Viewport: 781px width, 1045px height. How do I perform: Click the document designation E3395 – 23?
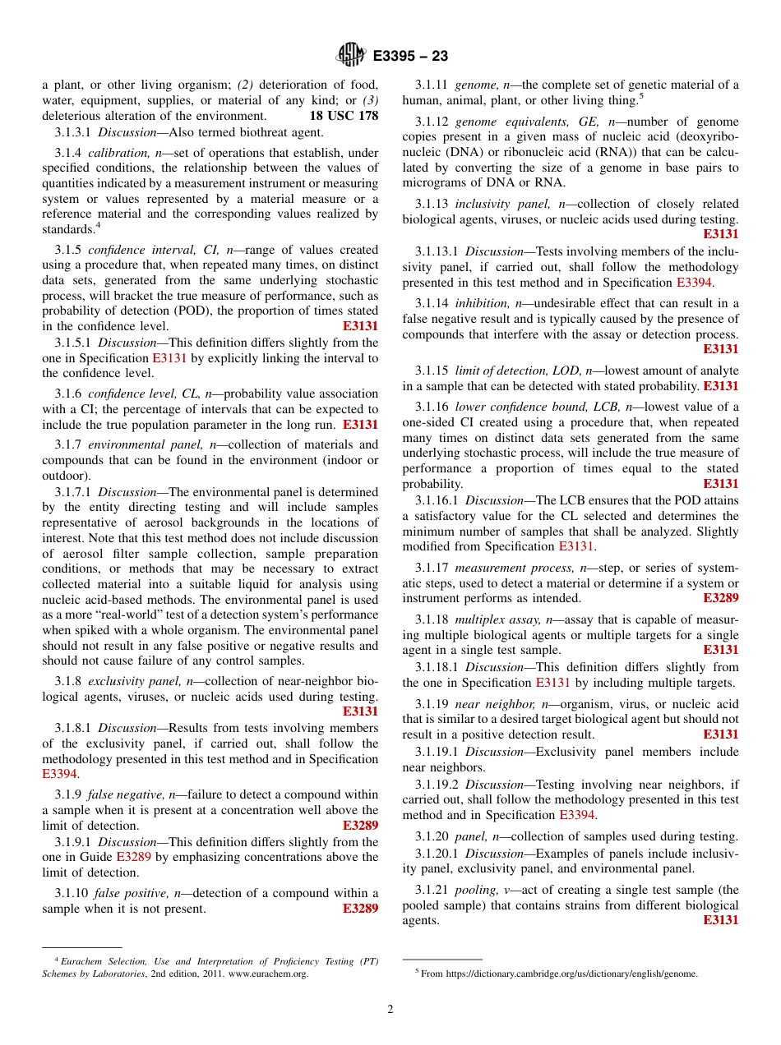pos(410,57)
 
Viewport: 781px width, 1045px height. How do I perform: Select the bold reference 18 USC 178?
pos(344,116)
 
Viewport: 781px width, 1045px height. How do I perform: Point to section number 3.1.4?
pos(68,153)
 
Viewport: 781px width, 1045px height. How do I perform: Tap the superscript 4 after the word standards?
pos(98,226)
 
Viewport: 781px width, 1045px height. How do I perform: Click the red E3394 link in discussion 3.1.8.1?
pos(59,774)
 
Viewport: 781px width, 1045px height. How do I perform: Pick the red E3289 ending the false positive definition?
pos(360,909)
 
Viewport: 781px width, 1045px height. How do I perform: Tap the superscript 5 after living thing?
pos(640,96)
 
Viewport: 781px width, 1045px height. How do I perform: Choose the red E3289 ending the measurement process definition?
pos(720,598)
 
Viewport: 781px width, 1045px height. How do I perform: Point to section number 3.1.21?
pos(432,890)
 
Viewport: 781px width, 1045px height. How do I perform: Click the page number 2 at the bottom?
pos(390,1010)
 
